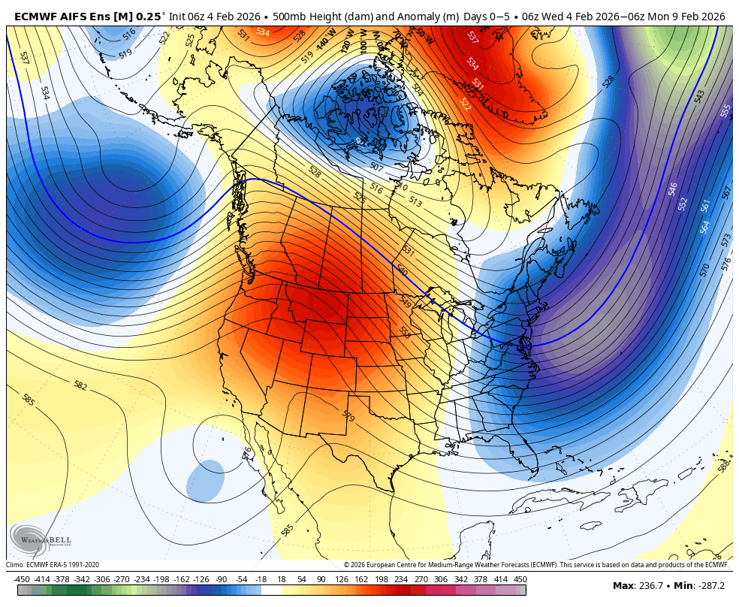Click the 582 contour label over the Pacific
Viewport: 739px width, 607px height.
pyautogui.click(x=80, y=385)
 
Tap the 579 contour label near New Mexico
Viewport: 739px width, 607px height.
pyautogui.click(x=348, y=415)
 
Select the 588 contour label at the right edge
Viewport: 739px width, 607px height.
pyautogui.click(x=723, y=467)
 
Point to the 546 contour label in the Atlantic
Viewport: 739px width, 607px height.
pyautogui.click(x=673, y=188)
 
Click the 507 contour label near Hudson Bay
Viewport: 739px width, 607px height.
pyautogui.click(x=376, y=167)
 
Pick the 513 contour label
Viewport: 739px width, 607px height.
pyautogui.click(x=415, y=201)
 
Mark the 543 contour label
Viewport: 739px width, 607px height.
pyautogui.click(x=699, y=96)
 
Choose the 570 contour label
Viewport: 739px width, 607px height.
pyautogui.click(x=704, y=270)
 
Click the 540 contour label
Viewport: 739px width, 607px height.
pyautogui.click(x=402, y=270)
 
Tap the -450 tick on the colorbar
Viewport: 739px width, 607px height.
pyautogui.click(x=22, y=579)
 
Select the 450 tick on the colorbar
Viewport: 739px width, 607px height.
pyautogui.click(x=520, y=579)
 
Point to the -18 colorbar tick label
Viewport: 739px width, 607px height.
pyautogui.click(x=261, y=579)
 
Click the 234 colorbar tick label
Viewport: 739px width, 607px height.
pyautogui.click(x=400, y=579)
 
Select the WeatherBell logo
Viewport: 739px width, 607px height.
pyautogui.click(x=41, y=539)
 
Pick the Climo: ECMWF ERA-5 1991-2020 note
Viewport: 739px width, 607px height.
pyautogui.click(x=53, y=565)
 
